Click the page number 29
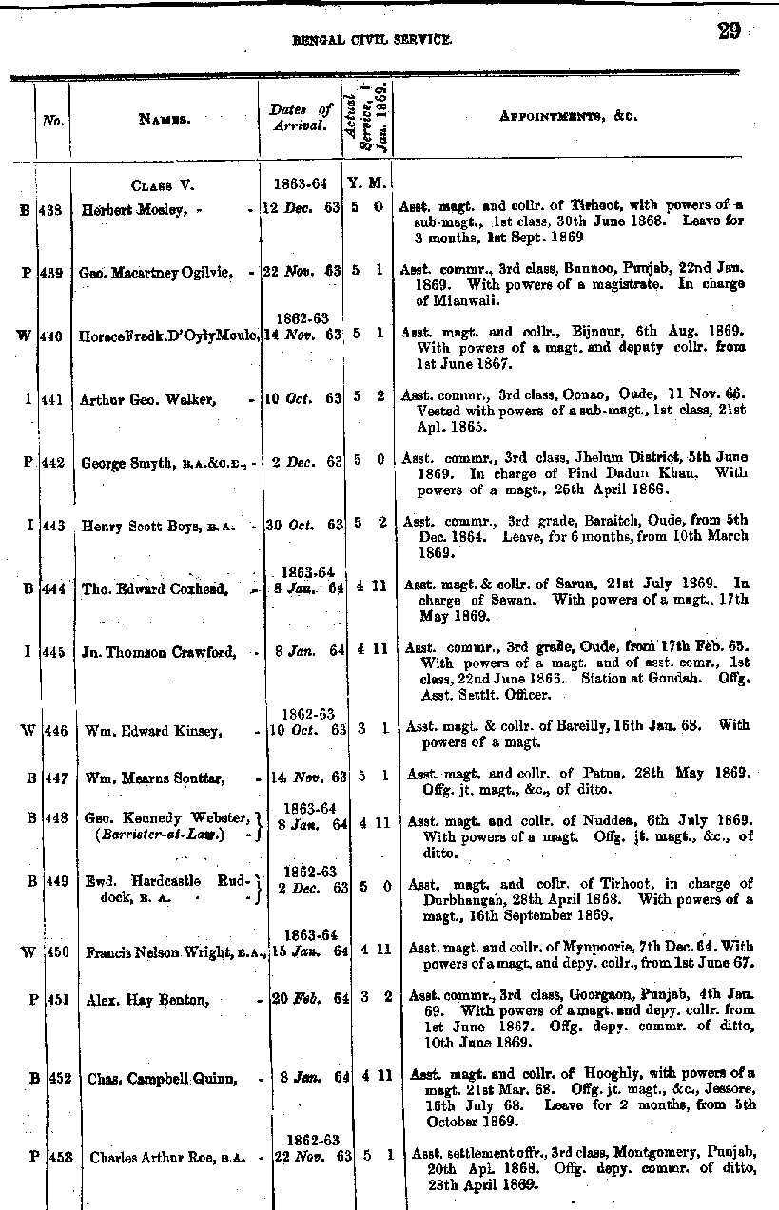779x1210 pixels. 730,31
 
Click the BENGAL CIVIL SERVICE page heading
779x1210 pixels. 372,40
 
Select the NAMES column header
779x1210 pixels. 165,119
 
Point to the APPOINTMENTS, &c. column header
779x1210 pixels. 568,117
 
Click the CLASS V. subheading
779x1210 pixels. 163,185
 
